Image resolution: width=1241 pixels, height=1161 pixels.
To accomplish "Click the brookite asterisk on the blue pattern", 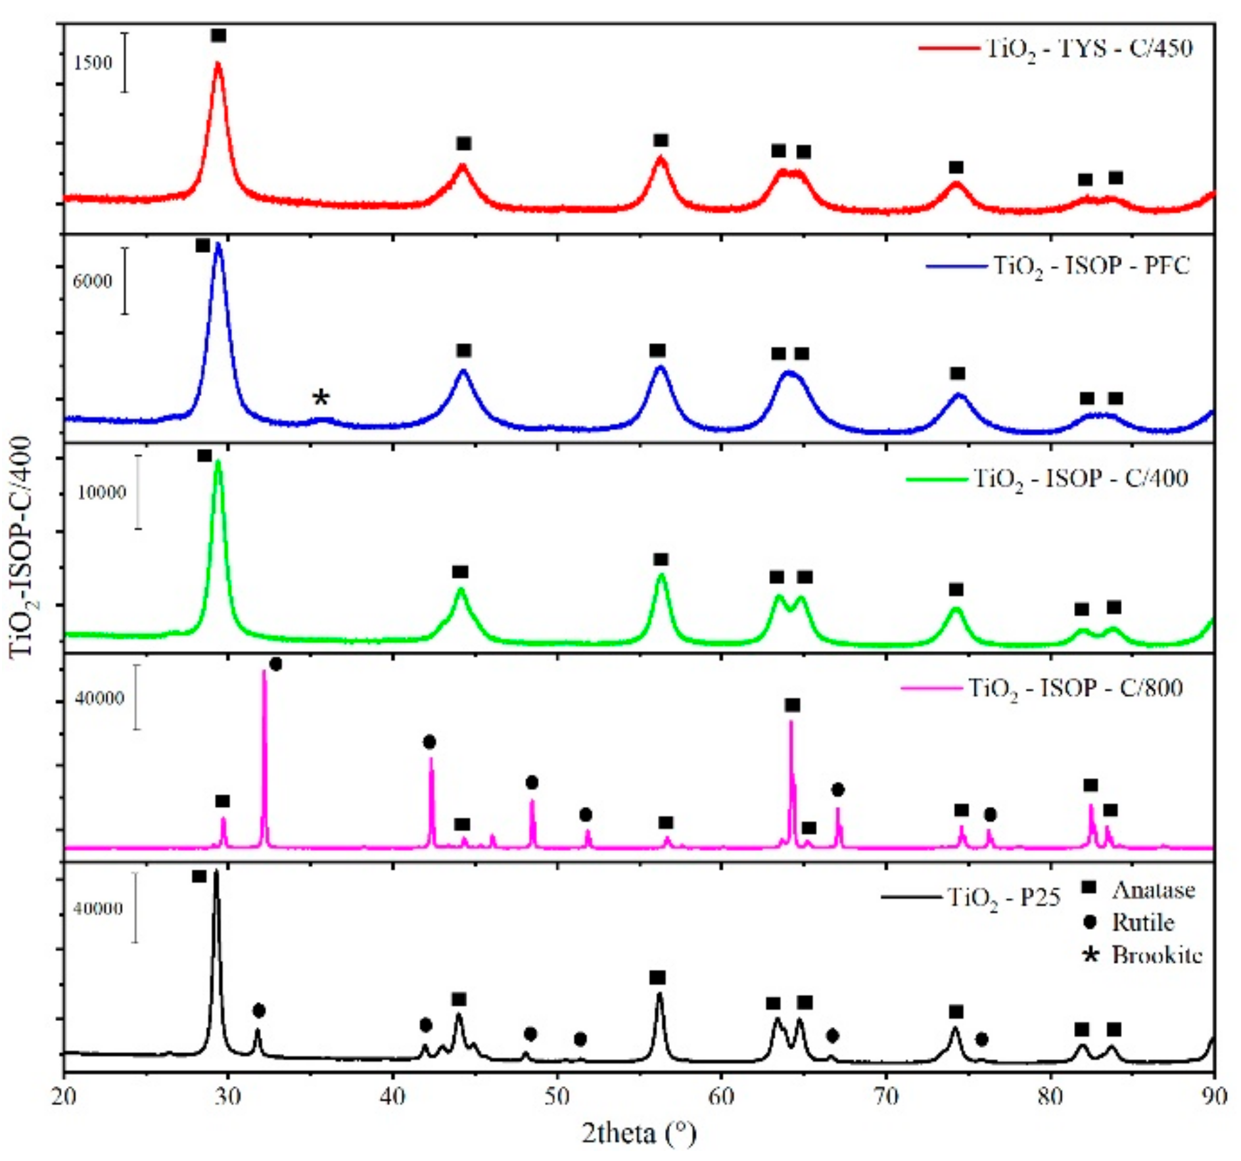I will pos(320,398).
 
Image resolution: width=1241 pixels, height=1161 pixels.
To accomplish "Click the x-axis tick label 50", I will pos(557,1097).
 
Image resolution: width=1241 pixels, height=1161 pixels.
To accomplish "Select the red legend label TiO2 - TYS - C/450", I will pos(1089,49).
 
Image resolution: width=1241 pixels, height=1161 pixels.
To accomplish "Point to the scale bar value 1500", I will pos(93,63).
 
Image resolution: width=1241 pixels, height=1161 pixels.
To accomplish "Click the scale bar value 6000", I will pos(92,281).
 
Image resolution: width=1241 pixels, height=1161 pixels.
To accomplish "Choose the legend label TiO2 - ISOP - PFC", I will pos(1091,266).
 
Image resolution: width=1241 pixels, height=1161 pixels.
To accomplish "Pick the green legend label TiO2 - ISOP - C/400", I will pos(1081,478).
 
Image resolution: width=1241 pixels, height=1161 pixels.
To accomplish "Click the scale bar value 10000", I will pos(101,492).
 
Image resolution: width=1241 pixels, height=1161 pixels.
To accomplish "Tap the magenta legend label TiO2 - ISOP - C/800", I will pos(1076,688).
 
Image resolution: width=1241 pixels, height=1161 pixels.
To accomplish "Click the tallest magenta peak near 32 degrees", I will pos(264,673).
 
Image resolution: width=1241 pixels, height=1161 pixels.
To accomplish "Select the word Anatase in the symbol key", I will pos(1154,890).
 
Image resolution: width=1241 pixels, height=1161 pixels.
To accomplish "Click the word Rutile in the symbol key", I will pos(1142,922).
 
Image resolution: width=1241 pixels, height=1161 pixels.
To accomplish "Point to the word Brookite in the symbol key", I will pos(1157,954).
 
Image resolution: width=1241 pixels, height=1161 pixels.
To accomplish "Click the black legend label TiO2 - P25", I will pos(1004,897).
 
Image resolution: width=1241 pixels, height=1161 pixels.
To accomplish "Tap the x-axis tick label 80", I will pos(1050,1097).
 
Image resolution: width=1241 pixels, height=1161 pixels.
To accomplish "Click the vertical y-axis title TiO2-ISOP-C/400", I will pos(22,545).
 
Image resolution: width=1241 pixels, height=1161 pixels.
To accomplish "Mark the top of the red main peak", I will pos(218,64).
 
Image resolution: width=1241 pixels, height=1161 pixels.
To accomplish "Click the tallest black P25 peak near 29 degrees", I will pos(216,875).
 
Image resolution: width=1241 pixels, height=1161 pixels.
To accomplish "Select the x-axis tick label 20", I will pos(64,1097).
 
